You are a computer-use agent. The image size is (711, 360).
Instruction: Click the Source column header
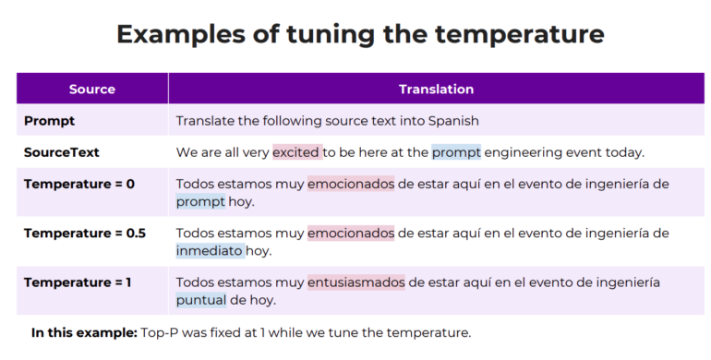point(91,90)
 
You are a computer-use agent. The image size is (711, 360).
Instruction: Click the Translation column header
point(436,90)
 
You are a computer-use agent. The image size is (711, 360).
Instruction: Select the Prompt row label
point(49,121)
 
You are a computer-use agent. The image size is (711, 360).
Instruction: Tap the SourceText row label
point(62,152)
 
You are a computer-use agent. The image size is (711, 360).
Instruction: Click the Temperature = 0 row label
point(79,184)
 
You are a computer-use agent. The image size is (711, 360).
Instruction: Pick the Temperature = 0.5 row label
point(85,233)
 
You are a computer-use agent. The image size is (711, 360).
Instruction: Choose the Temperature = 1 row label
point(78,282)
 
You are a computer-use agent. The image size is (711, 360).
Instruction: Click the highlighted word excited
point(296,152)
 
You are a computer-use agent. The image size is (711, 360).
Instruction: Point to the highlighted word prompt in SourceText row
point(456,152)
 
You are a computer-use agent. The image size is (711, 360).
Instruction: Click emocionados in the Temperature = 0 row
point(351,184)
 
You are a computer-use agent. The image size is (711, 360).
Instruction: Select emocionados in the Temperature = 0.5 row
point(351,233)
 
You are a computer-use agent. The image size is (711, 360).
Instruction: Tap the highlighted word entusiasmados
point(356,282)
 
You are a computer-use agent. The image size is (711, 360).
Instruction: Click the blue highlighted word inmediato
point(210,250)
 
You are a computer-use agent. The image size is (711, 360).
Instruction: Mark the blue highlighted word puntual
point(200,300)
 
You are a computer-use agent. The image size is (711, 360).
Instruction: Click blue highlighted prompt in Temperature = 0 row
point(200,201)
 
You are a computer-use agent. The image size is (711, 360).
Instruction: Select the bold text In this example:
point(83,332)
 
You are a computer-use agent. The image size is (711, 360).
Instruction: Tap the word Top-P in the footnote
point(158,332)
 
